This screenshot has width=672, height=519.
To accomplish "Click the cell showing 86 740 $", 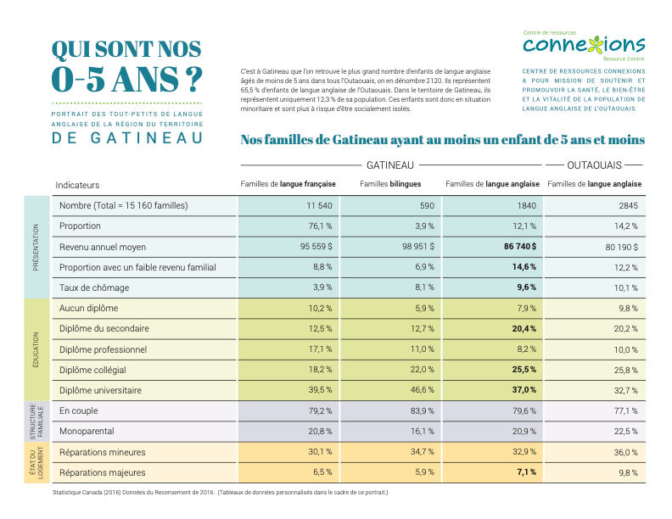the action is [x=520, y=247].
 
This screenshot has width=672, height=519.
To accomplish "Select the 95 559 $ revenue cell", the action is [x=316, y=247].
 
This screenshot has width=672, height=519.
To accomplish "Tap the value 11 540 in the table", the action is [x=319, y=205].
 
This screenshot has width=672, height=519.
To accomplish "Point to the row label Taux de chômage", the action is [x=94, y=287].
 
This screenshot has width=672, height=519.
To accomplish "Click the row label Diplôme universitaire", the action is [x=100, y=390].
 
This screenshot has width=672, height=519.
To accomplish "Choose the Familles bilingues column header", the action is [x=390, y=184].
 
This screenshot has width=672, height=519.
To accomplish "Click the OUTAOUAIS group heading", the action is [x=594, y=165].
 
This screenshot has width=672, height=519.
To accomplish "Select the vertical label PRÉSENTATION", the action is [x=36, y=247].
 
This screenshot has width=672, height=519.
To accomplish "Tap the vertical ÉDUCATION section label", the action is [x=36, y=349].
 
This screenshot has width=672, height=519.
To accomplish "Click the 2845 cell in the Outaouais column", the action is [x=628, y=205].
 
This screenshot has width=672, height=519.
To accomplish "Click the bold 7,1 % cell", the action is [x=526, y=472].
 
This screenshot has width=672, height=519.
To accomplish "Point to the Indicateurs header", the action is [x=77, y=185].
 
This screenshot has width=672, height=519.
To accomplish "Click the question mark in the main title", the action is [x=193, y=79].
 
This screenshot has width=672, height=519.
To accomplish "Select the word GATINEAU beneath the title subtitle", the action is [x=127, y=138].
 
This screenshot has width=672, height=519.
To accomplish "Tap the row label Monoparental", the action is [x=87, y=431].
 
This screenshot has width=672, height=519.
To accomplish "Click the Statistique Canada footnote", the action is [x=221, y=493].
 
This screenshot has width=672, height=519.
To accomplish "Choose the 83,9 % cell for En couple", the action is [x=423, y=410].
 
